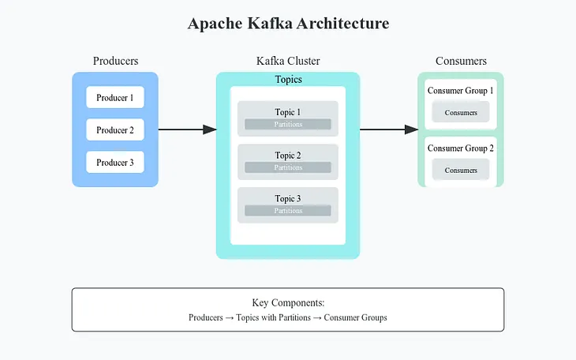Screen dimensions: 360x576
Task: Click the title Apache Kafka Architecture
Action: pyautogui.click(x=288, y=24)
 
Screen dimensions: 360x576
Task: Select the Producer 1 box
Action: pyautogui.click(x=115, y=98)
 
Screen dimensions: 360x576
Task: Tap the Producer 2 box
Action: pyautogui.click(x=115, y=130)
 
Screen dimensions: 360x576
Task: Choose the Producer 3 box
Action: pyautogui.click(x=115, y=163)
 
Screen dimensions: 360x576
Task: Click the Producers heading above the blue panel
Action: pyautogui.click(x=115, y=61)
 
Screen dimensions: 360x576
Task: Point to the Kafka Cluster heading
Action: pyautogui.click(x=288, y=61)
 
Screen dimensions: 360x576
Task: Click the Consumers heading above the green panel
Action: pyautogui.click(x=461, y=61)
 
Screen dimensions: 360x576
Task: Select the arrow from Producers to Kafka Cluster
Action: pyautogui.click(x=187, y=129)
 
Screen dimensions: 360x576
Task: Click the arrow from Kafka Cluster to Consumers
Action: pyautogui.click(x=389, y=129)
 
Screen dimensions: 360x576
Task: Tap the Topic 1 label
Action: pyautogui.click(x=288, y=112)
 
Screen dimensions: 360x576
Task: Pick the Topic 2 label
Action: pyautogui.click(x=288, y=156)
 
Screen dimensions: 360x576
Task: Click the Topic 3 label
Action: pyautogui.click(x=288, y=199)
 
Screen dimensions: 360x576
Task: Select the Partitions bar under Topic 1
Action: pyautogui.click(x=288, y=125)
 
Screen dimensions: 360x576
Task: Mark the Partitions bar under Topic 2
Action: pyautogui.click(x=288, y=167)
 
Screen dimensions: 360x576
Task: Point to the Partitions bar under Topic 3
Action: pyautogui.click(x=288, y=211)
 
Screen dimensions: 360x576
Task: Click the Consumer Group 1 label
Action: pyautogui.click(x=461, y=91)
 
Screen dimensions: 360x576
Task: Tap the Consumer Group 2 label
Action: pyautogui.click(x=461, y=148)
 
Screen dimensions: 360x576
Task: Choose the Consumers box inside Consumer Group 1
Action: pyautogui.click(x=461, y=112)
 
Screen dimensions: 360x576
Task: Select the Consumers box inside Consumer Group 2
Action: pyautogui.click(x=461, y=170)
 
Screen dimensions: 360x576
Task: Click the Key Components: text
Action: pyautogui.click(x=288, y=302)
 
